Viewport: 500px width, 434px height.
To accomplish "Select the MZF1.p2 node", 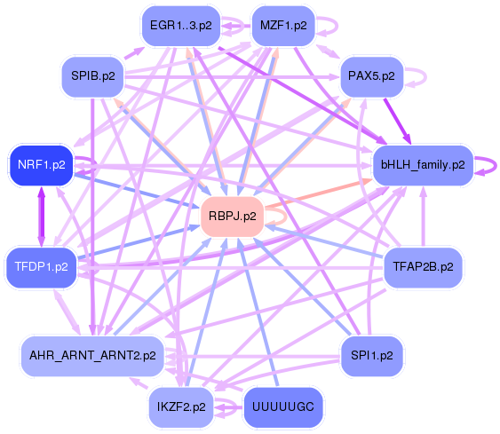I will click(282, 25).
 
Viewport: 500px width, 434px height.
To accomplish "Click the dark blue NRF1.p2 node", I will click(41, 164).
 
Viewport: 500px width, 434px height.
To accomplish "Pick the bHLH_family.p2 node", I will click(422, 164).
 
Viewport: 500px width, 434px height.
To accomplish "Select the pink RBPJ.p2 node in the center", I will click(232, 216).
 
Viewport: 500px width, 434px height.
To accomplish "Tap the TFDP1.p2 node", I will click(41, 266).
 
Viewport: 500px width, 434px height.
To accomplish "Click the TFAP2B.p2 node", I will click(423, 265).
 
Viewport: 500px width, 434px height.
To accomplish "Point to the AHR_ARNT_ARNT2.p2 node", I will click(92, 355).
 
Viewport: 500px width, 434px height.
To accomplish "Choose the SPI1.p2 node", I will click(372, 355).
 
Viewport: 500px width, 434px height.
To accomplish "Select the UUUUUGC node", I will click(282, 407).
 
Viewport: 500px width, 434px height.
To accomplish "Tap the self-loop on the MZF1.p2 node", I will click(327, 25).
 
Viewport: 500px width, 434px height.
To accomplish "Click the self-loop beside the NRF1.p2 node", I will click(87, 164).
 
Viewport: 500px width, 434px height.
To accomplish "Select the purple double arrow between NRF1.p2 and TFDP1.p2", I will click(41, 216).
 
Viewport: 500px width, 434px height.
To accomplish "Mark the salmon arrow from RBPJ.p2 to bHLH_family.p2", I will click(320, 196).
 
